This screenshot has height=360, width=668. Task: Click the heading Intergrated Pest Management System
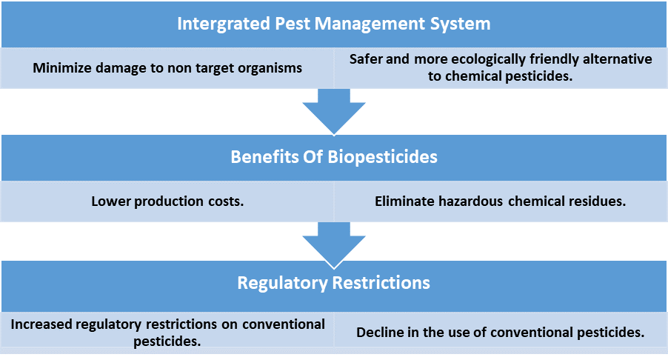[333, 24]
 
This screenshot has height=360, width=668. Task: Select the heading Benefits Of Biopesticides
[333, 157]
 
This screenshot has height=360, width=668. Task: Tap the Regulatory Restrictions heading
[333, 283]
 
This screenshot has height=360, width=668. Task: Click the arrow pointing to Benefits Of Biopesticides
[333, 111]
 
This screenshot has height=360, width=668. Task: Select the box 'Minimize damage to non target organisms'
[167, 68]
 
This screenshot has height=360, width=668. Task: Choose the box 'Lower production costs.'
[167, 201]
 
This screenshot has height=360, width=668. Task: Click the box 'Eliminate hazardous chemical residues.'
[501, 201]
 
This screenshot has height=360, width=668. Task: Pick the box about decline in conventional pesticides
[501, 333]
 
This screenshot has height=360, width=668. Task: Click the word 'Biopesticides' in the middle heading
[386, 157]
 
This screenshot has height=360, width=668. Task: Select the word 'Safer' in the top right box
[368, 59]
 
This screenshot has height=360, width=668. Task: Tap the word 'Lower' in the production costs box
[110, 201]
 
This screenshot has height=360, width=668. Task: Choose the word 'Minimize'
[62, 68]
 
